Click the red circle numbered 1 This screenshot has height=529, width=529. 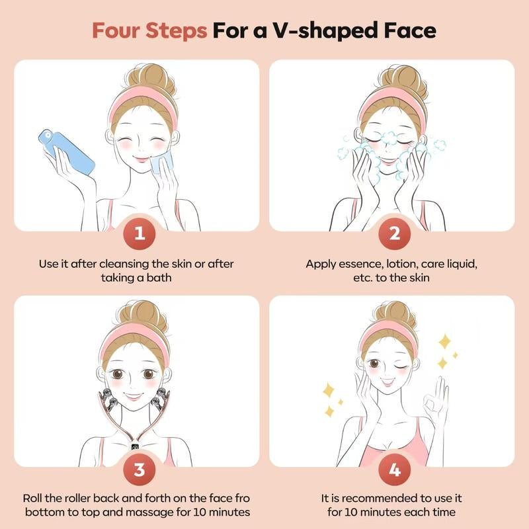pos(138,233)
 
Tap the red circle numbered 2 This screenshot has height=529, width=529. pos(394,233)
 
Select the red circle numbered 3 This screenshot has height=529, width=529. pos(138,470)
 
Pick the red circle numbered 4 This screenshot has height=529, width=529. pos(394,470)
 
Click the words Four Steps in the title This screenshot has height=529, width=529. pos(149,31)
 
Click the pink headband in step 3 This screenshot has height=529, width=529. pos(136,336)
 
